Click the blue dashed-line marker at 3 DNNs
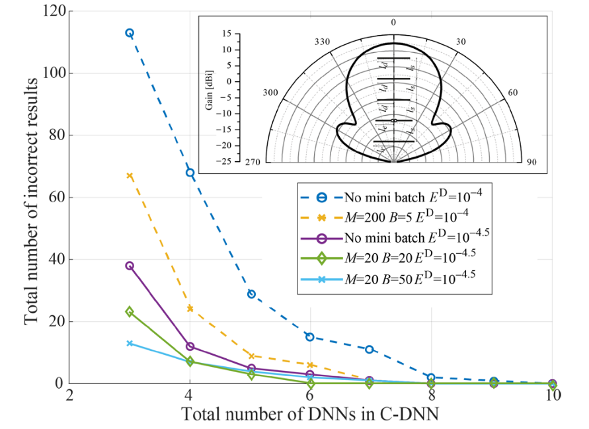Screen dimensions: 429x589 [130, 33]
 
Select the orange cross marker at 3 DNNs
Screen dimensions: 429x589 [130, 176]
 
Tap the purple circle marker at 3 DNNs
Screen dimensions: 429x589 [130, 266]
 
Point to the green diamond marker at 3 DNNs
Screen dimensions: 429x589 [130, 311]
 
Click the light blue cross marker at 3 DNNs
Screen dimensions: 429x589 [130, 343]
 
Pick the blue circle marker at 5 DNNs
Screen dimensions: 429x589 [251, 294]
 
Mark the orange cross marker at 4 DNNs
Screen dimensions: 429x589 [190, 309]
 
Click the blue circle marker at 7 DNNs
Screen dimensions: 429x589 [370, 349]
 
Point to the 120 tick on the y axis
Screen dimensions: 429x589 [54, 11]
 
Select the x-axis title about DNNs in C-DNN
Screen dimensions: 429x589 [311, 415]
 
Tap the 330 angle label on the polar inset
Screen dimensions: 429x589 [321, 41]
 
